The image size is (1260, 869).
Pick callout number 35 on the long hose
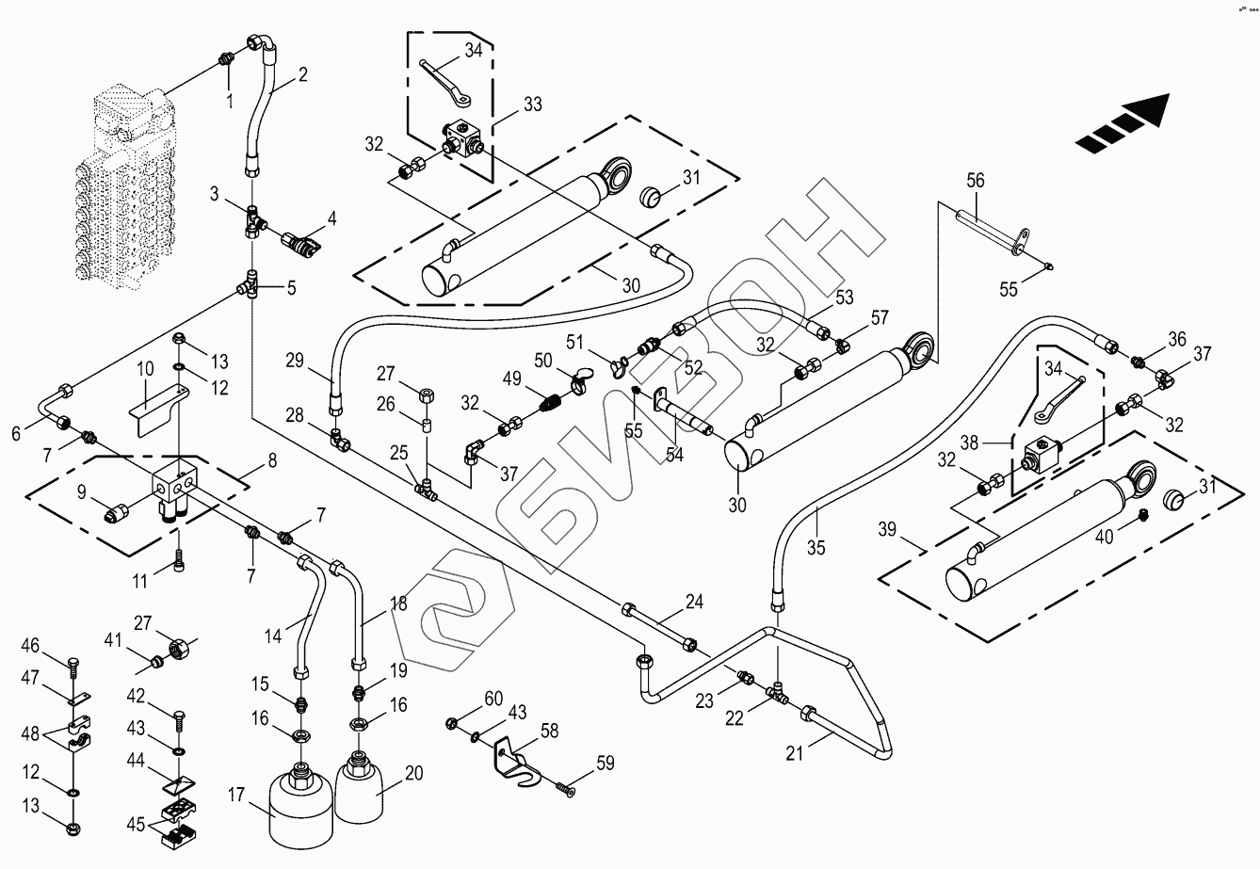coord(816,547)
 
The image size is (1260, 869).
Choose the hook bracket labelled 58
coord(514,753)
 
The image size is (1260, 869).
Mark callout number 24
coord(694,600)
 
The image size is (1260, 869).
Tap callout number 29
coord(295,360)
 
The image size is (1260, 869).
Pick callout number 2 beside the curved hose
coord(302,76)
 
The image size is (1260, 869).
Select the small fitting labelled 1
coord(225,60)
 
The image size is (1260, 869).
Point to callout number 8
coord(271,460)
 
